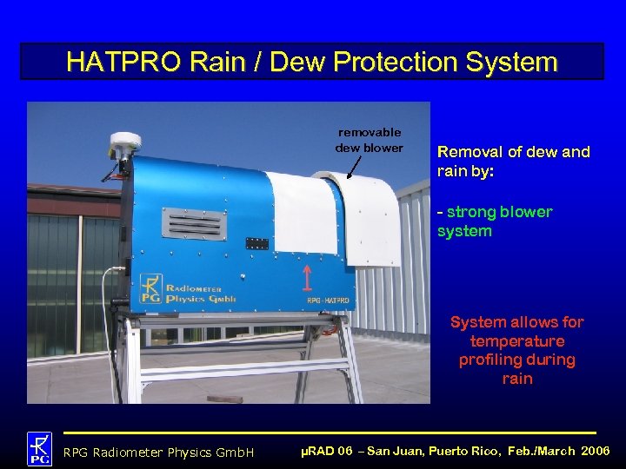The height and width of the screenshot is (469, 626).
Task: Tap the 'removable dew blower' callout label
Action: pos(369,140)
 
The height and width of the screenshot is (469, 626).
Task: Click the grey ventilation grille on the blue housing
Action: pos(194,224)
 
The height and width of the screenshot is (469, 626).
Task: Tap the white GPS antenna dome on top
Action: pos(126,142)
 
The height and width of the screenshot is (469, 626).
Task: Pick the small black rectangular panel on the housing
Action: pos(256,243)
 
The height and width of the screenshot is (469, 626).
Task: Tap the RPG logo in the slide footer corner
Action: pos(39,447)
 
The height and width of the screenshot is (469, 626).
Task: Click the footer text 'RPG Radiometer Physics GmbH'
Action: pos(158,452)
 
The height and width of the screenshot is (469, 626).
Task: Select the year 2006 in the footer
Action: pos(596,452)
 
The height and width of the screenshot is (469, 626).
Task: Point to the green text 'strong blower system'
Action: pos(495,221)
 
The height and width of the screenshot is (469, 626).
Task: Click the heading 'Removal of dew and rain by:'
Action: pos(513,161)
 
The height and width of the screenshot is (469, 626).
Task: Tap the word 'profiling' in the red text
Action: pos(517,360)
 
